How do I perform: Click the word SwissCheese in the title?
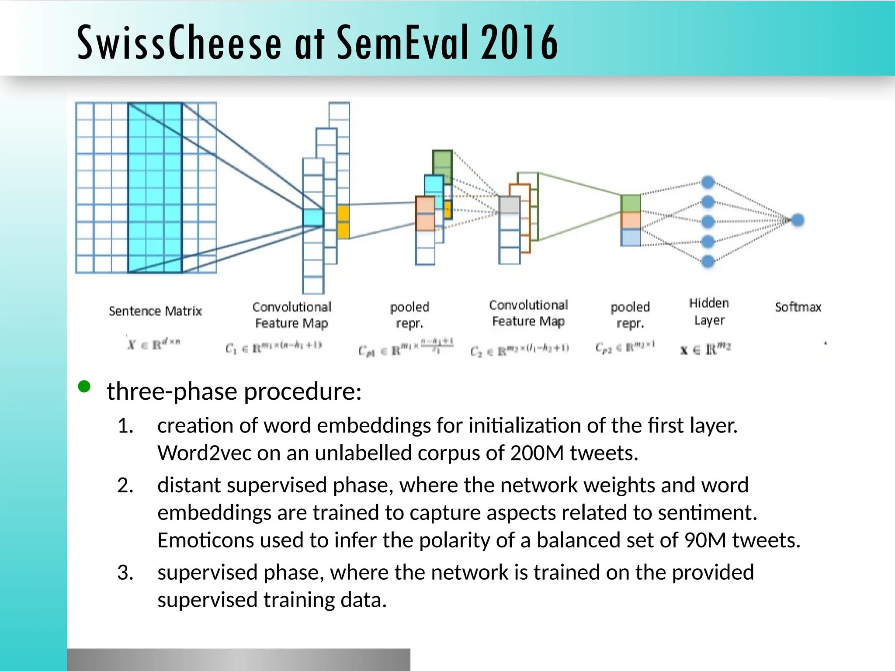179,42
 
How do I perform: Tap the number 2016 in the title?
519,42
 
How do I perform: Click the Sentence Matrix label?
155,311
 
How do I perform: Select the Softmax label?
798,307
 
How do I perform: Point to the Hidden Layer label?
709,311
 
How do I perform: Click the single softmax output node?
798,220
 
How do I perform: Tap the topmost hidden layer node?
708,182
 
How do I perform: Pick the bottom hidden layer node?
708,261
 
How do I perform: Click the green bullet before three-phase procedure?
84,387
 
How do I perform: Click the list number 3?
125,573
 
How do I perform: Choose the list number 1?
125,426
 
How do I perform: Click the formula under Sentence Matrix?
154,344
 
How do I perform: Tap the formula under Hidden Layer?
705,349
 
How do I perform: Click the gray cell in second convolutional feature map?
509,205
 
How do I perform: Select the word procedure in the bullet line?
302,391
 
